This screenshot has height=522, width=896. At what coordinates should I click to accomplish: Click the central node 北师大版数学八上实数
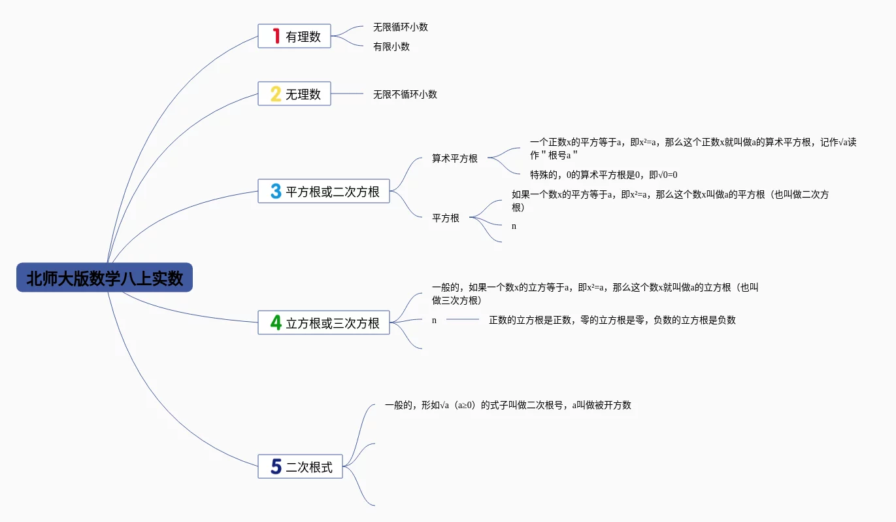coord(105,277)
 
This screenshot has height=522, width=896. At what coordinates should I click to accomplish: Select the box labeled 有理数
coord(294,36)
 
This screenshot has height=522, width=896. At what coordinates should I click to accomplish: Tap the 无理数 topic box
coord(294,94)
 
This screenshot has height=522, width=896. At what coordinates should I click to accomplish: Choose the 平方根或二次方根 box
coord(324,192)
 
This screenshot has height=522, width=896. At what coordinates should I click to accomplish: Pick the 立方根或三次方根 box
coord(324,322)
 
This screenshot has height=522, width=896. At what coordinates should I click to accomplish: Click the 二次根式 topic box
coord(301,466)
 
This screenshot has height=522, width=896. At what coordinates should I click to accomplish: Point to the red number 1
coord(276,36)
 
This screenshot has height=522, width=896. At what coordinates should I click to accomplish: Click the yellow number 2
coord(276,94)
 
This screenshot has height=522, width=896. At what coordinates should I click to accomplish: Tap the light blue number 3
coord(276,192)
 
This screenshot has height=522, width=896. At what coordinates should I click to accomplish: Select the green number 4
coord(276,322)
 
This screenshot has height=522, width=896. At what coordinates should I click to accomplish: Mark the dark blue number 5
coord(276,466)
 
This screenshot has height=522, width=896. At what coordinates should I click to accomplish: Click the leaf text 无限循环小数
coord(401,27)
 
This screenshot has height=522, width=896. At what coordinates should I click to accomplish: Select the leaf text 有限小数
coord(391,46)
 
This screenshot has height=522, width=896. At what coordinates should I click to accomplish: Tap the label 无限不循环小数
coord(405,94)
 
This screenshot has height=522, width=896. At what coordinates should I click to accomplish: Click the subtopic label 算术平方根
coord(455,158)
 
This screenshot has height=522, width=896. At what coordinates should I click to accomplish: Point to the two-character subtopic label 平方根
coord(446,218)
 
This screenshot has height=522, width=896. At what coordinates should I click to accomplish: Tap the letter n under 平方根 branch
coord(514,226)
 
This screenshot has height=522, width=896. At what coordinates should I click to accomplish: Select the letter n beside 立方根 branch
coord(434,321)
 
